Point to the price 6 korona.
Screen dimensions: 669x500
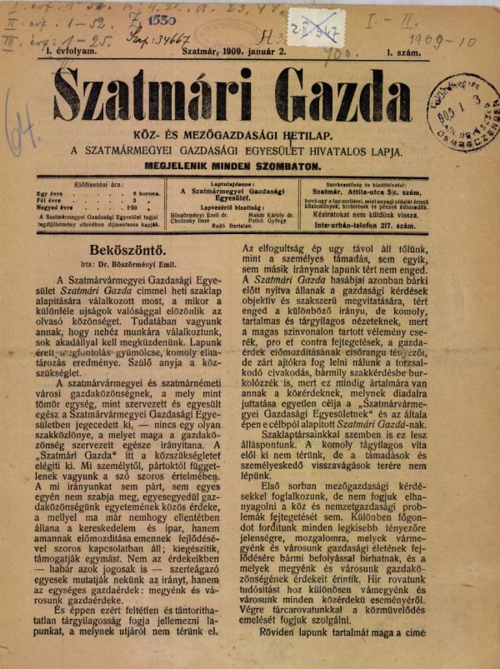[145, 192]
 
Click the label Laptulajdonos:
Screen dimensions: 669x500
[238, 182]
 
